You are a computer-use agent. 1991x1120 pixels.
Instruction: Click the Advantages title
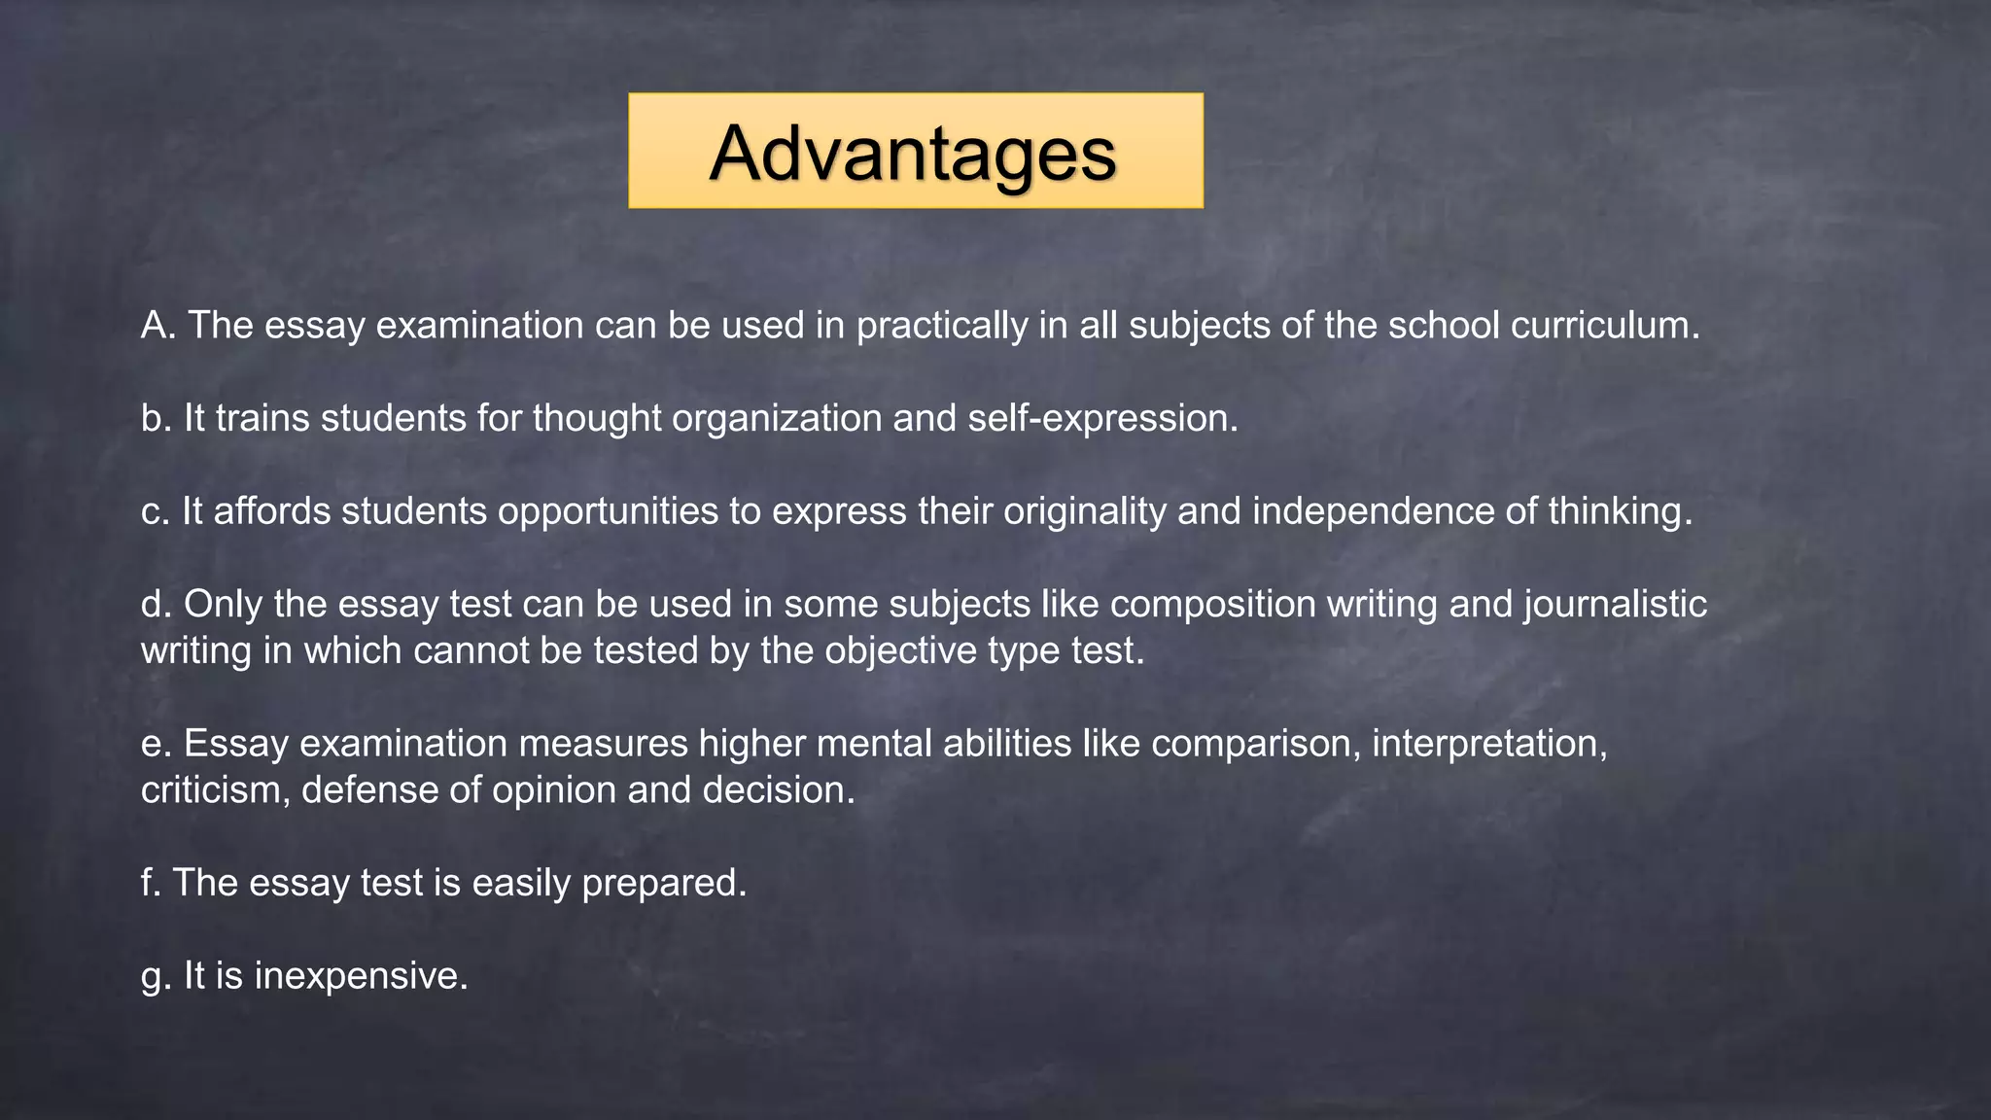point(914,153)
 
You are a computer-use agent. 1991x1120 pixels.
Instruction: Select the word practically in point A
point(941,326)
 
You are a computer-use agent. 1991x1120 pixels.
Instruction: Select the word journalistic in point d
point(1615,605)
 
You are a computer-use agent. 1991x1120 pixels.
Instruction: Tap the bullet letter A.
point(156,326)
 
